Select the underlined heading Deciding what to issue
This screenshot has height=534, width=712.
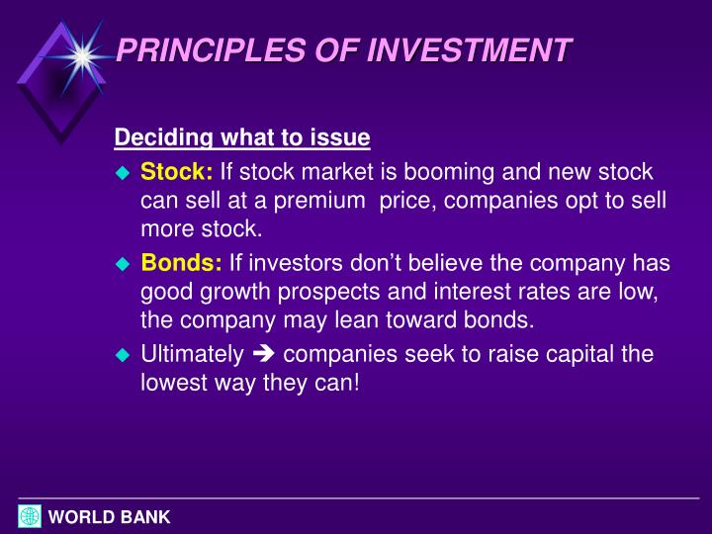click(242, 136)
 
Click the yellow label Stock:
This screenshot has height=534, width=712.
click(177, 172)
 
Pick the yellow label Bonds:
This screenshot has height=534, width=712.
click(182, 263)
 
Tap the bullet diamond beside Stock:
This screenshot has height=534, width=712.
click(123, 173)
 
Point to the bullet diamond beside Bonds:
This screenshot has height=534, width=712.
click(123, 264)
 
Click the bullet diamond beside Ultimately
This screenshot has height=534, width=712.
click(123, 355)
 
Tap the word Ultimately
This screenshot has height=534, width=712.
click(192, 354)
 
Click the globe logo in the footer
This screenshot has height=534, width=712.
click(30, 515)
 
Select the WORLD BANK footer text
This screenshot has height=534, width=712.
click(110, 516)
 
